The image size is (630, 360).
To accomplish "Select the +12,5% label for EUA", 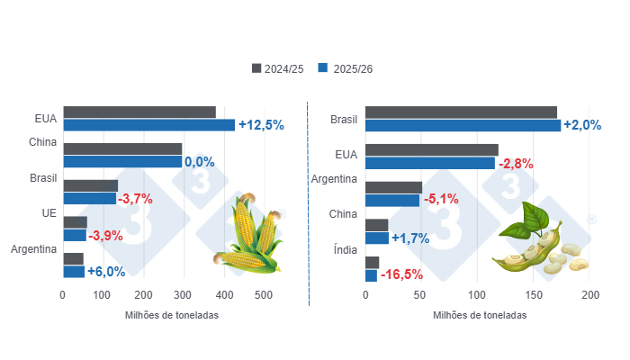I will pyautogui.click(x=261, y=125).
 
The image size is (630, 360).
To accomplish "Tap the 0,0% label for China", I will pyautogui.click(x=199, y=162).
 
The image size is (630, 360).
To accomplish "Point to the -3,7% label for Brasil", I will pyautogui.click(x=136, y=198).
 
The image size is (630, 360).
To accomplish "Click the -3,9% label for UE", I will pyautogui.click(x=106, y=235).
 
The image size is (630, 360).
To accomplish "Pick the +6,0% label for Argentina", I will pyautogui.click(x=105, y=271).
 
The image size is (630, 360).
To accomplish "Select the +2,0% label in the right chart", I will pyautogui.click(x=581, y=125).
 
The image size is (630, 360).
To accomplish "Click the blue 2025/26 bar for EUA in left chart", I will pyautogui.click(x=148, y=125).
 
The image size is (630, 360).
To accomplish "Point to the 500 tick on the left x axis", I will pyautogui.click(x=263, y=295).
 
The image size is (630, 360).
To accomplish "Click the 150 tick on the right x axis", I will pyautogui.click(x=535, y=295).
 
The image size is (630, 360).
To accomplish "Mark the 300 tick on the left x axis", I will pyautogui.click(x=183, y=295).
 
